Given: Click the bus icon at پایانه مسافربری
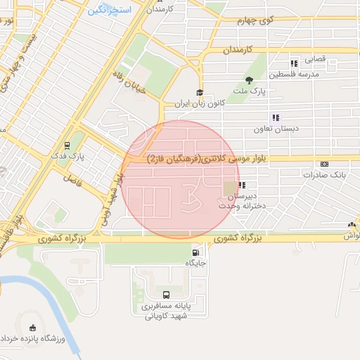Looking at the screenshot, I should click(x=166, y=295).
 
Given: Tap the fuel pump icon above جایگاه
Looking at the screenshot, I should click(x=195, y=252).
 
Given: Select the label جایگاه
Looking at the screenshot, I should click(x=195, y=263).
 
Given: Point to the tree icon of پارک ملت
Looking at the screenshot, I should click(x=249, y=79).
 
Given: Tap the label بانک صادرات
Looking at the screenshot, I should click(x=328, y=174).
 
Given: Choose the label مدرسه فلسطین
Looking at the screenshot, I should click(x=299, y=74).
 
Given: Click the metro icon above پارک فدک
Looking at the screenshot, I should click(x=67, y=146).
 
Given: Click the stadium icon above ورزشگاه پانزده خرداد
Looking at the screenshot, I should click(x=32, y=328).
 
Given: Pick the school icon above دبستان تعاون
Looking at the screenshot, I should click(x=276, y=117).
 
